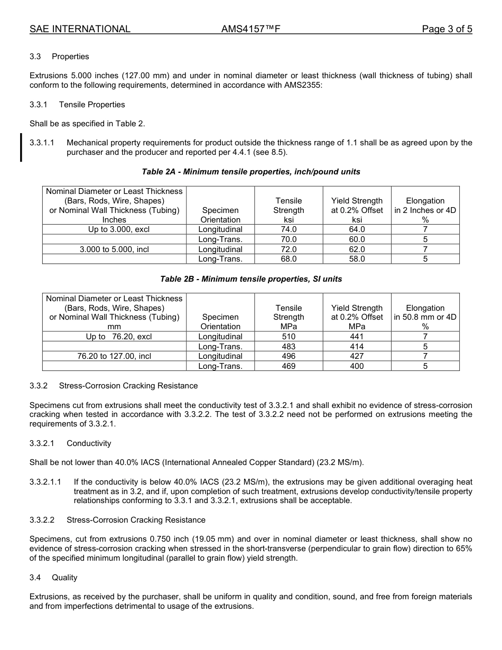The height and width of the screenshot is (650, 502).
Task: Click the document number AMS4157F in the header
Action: click(250, 29)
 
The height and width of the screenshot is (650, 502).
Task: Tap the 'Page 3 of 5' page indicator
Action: click(447, 29)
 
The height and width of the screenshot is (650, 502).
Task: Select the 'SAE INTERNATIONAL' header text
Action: click(80, 29)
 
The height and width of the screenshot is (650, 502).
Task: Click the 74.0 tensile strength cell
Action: click(289, 229)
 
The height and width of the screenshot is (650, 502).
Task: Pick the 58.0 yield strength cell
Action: click(357, 259)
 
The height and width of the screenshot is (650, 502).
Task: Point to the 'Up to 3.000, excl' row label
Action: click(114, 229)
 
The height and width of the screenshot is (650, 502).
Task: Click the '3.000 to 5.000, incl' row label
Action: click(114, 249)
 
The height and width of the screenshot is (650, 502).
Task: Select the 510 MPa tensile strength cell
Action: click(289, 337)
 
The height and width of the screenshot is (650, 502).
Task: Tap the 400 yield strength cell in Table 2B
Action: click(357, 366)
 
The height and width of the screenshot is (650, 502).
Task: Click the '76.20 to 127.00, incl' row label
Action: click(114, 356)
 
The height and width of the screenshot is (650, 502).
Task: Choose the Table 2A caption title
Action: click(251, 172)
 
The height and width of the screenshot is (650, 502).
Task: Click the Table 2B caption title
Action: click(251, 279)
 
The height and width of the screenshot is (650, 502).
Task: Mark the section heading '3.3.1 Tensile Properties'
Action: click(77, 105)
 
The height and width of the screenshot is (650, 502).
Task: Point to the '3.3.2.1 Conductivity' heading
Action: click(70, 443)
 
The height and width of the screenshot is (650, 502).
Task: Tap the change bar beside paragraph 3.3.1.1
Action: click(21, 147)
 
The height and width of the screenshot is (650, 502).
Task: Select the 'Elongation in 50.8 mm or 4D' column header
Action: click(425, 317)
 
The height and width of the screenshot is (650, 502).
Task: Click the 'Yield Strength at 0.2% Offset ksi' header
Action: click(357, 210)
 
